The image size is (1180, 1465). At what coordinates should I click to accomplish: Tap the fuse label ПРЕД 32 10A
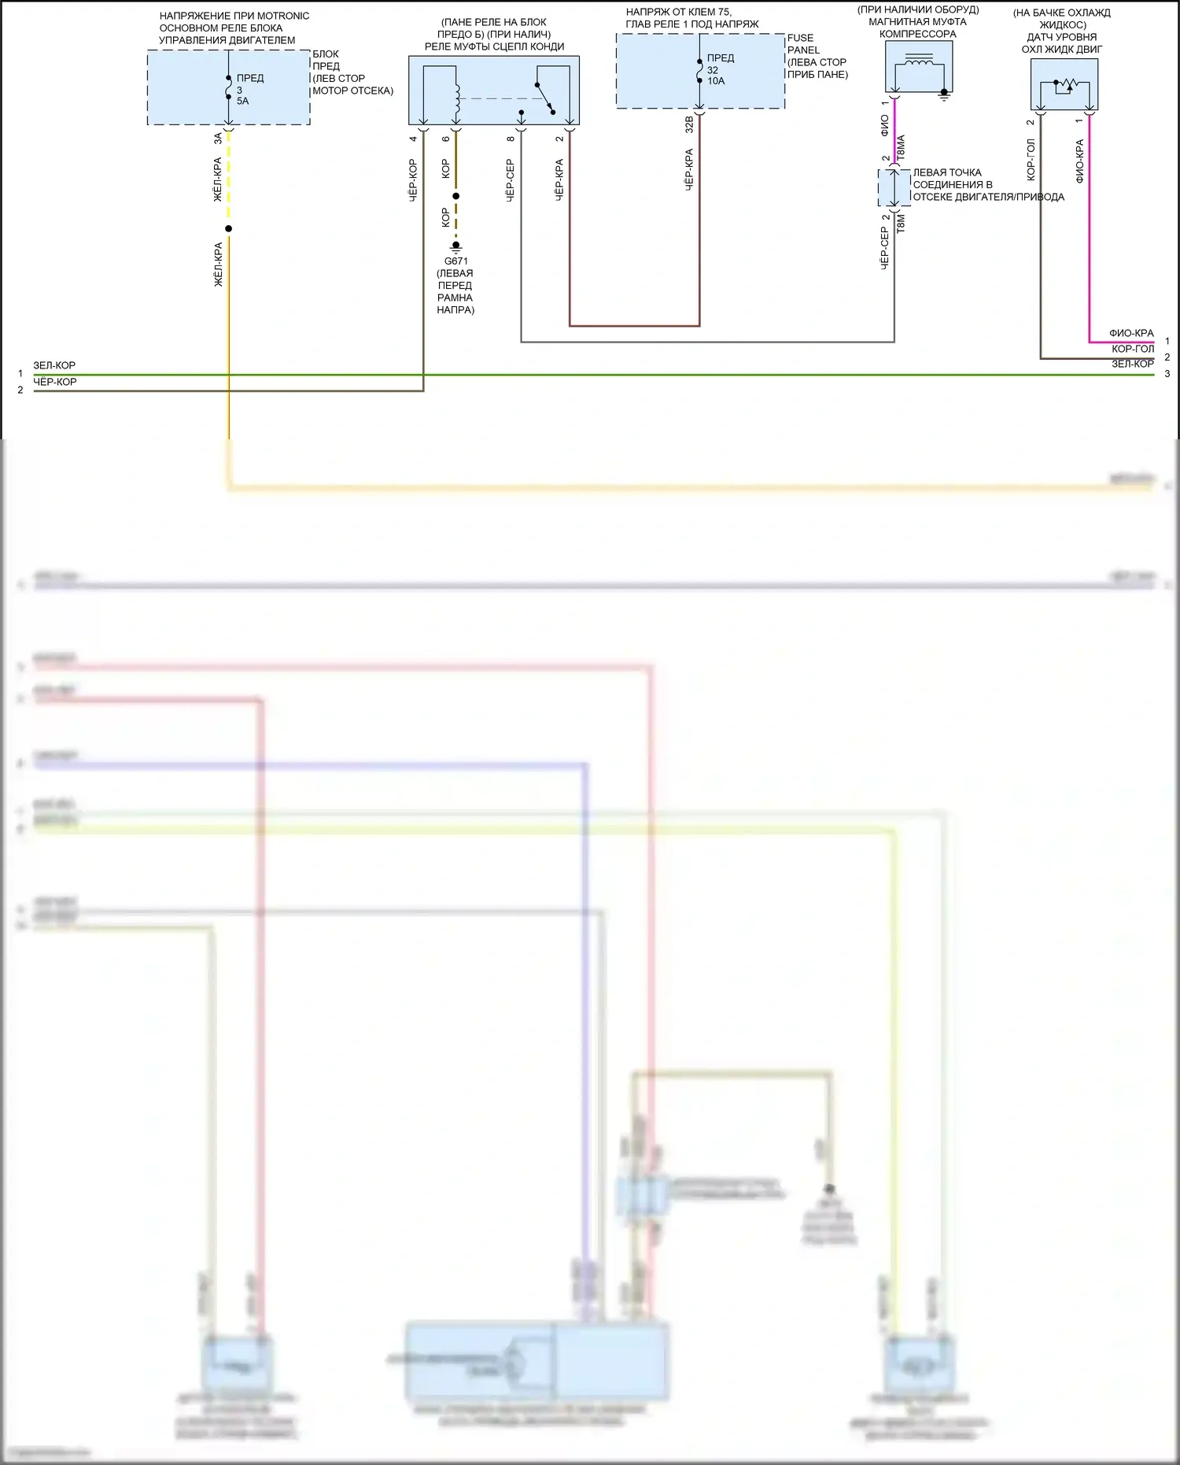(719, 69)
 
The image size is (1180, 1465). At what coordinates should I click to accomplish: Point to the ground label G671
(455, 261)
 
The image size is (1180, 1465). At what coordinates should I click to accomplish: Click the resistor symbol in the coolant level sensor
(1066, 84)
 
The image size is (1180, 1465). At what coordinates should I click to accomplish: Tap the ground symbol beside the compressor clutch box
(945, 96)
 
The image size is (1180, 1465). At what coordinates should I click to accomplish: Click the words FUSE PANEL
(802, 44)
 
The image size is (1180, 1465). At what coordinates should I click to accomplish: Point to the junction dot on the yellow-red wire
(228, 229)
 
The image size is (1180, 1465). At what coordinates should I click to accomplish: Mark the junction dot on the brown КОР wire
(456, 196)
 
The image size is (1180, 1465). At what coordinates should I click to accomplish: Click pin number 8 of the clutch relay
(511, 139)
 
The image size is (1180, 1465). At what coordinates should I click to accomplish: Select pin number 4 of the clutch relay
(413, 139)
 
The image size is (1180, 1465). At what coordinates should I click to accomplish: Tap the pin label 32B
(689, 124)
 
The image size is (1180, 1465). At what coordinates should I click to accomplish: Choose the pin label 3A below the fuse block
(218, 139)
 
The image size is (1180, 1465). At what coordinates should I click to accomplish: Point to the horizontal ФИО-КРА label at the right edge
(1131, 333)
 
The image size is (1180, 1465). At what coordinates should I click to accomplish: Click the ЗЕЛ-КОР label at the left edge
(54, 365)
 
